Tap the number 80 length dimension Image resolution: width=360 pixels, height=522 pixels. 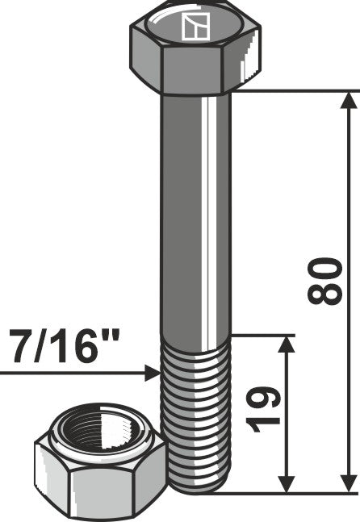tap(325, 282)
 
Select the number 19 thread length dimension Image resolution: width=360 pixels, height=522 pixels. tap(263, 408)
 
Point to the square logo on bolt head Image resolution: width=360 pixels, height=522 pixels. tap(195, 27)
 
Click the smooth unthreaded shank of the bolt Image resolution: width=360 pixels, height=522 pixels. tap(196, 210)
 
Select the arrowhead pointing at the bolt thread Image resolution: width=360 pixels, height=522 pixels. tap(152, 373)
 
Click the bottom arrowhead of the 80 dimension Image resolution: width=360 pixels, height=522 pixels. tap(348, 482)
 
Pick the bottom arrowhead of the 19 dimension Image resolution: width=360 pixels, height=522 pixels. tap(285, 482)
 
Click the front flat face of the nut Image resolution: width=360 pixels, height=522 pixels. tap(103, 488)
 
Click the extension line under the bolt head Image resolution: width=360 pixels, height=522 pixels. tap(291, 90)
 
